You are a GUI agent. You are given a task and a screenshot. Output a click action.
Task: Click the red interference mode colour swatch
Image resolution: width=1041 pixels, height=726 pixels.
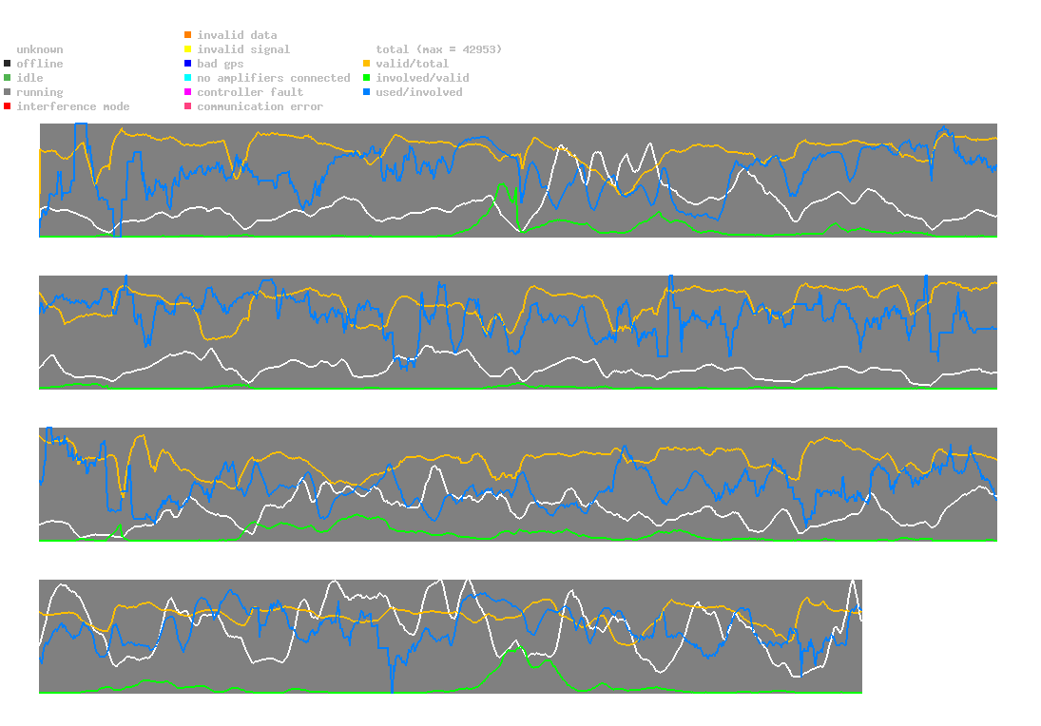(x=8, y=106)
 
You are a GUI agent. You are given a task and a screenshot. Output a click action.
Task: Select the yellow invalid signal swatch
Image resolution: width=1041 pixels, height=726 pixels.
(x=188, y=49)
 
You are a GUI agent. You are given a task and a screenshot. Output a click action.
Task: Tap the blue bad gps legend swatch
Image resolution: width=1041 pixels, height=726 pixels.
(x=188, y=64)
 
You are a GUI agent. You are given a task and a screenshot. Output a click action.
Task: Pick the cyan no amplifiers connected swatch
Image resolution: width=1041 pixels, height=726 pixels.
(x=188, y=78)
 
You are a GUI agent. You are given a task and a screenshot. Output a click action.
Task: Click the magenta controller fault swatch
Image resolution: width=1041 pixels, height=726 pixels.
(x=188, y=92)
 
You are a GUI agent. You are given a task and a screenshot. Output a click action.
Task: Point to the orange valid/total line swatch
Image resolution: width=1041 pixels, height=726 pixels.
(x=367, y=64)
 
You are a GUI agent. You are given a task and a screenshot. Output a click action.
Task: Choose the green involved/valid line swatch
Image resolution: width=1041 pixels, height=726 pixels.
(x=367, y=78)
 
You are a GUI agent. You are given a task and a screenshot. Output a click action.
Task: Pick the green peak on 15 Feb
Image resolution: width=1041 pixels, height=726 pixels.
(x=501, y=185)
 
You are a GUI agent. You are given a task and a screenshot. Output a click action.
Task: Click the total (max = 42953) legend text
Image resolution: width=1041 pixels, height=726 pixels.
(x=438, y=49)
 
